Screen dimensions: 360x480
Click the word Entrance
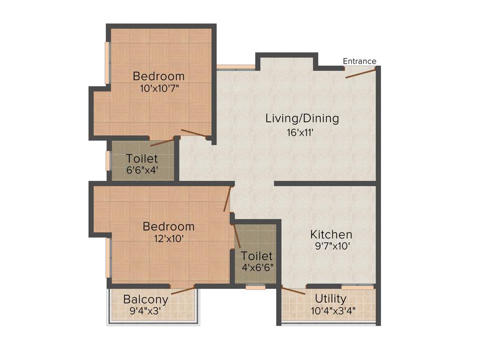(360, 61)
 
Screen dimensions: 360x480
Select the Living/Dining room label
(302, 118)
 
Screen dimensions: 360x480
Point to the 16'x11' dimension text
(300, 132)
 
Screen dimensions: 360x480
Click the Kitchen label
(331, 234)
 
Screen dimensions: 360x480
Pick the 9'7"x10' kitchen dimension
(331, 247)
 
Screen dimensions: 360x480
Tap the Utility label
(330, 299)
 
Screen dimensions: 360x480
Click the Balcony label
(145, 299)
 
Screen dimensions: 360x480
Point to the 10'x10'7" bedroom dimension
(159, 88)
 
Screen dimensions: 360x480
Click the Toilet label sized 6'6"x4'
(142, 158)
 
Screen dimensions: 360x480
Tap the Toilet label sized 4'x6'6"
(257, 256)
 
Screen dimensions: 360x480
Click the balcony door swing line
(183, 289)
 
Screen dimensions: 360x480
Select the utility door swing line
(293, 290)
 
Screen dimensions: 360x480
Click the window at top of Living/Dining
(235, 67)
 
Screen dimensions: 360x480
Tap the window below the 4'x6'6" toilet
(255, 286)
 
